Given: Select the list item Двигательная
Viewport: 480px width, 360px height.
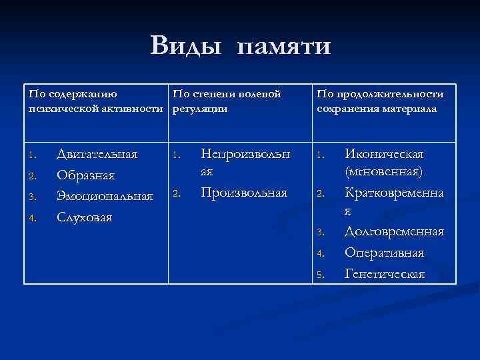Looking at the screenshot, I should click(x=97, y=155).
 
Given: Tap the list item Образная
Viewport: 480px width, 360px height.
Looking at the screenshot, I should click(x=86, y=176).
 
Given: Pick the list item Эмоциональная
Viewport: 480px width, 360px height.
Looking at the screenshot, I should click(x=105, y=196).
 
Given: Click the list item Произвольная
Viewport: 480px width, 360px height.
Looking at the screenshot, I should click(x=244, y=193).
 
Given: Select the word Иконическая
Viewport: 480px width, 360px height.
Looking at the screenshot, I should click(x=384, y=155).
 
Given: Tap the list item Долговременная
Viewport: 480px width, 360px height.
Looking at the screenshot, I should click(x=394, y=231).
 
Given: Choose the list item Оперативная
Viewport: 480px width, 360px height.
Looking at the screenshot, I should click(x=384, y=253).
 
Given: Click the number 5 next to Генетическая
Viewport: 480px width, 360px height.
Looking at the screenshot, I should click(x=320, y=274).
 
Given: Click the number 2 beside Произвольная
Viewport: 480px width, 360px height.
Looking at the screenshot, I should click(x=176, y=195).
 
